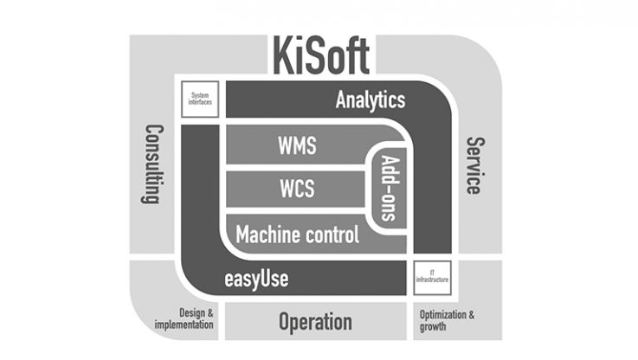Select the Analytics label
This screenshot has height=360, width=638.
pyautogui.click(x=370, y=100)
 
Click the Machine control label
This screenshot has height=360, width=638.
pyautogui.click(x=297, y=234)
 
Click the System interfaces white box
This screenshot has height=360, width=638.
pyautogui.click(x=200, y=100)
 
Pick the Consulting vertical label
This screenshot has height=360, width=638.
pyautogui.click(x=152, y=164)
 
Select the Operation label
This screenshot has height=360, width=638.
pyautogui.click(x=315, y=322)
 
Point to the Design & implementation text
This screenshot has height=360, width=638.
pyautogui.click(x=184, y=318)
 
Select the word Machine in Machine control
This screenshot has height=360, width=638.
pyautogui.click(x=265, y=234)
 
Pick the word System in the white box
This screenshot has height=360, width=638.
pyautogui.click(x=200, y=95)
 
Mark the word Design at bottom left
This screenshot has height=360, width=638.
pyautogui.click(x=195, y=313)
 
